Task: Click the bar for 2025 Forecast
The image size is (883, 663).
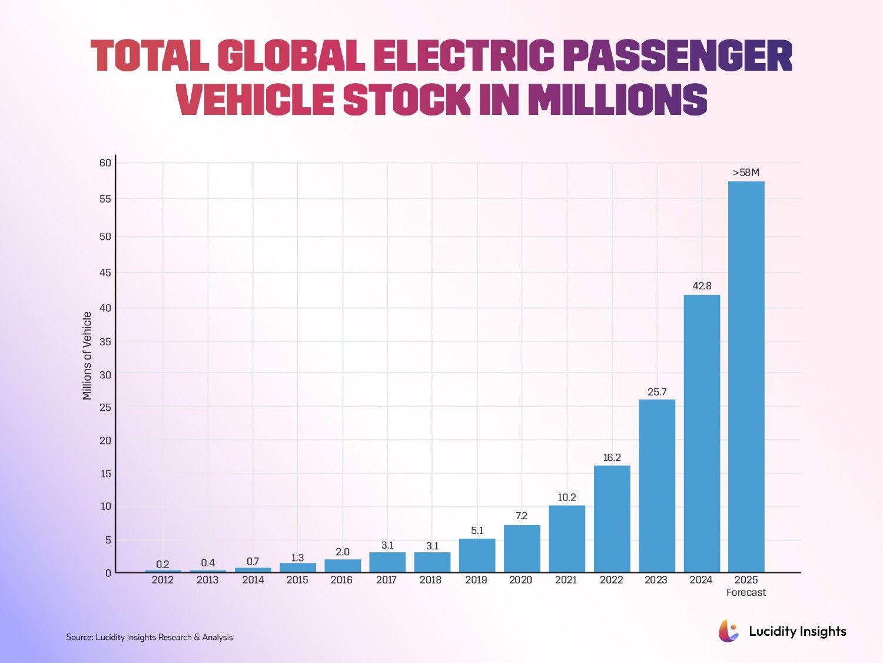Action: [x=746, y=377]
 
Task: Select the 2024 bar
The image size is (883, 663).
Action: [x=702, y=434]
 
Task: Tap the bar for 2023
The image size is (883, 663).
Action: [x=657, y=486]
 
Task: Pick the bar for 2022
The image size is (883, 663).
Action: [x=612, y=519]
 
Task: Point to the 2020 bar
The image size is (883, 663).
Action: [x=522, y=549]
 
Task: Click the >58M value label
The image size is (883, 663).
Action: [x=746, y=173]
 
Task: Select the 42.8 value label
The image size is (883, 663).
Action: [x=702, y=286]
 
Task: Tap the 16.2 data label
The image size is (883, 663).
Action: [x=612, y=457]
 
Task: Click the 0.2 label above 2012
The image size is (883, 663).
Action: [x=163, y=565]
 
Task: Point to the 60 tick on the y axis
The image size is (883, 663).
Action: [x=105, y=163]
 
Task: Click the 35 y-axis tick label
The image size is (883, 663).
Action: [x=105, y=342]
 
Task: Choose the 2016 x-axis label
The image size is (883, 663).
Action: [x=342, y=580]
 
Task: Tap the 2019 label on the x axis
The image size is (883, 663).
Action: [x=476, y=580]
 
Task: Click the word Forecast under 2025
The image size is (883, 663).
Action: [x=746, y=592]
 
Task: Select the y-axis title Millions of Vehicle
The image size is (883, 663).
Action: [x=87, y=356]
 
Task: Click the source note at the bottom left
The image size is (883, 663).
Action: [x=150, y=637]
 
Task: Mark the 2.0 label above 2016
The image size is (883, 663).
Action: [x=343, y=552]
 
